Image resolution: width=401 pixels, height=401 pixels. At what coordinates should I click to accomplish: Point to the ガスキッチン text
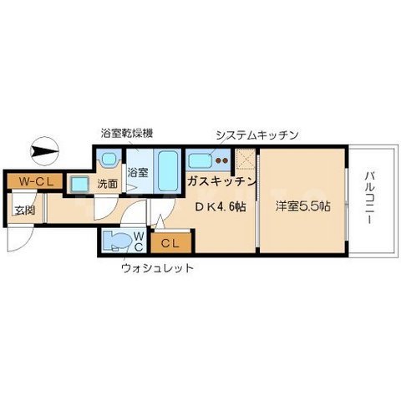pyautogui.click(x=221, y=181)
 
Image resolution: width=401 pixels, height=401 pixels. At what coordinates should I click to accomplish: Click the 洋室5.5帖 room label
pyautogui.click(x=299, y=207)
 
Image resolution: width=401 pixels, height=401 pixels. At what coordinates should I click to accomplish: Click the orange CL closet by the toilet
pyautogui.click(x=172, y=243)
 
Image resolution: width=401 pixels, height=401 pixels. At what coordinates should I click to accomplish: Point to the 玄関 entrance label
pyautogui.click(x=22, y=208)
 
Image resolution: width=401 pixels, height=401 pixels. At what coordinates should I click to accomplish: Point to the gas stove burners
pyautogui.click(x=221, y=160)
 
